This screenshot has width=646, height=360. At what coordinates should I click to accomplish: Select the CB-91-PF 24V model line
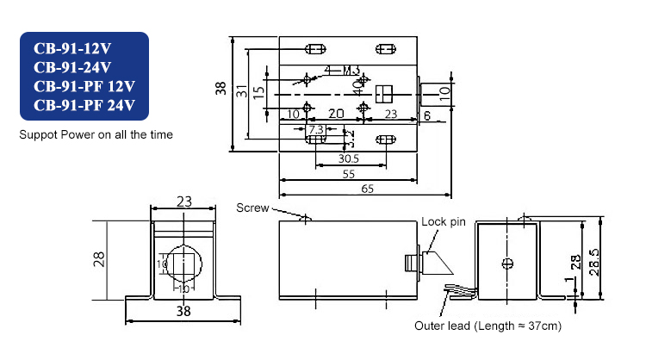point(84,107)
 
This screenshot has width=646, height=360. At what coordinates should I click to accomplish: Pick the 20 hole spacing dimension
point(336,114)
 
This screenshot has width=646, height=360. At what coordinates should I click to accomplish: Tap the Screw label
point(252,208)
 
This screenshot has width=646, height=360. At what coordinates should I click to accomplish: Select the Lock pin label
point(443,221)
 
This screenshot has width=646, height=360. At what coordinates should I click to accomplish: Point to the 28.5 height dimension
point(607,258)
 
